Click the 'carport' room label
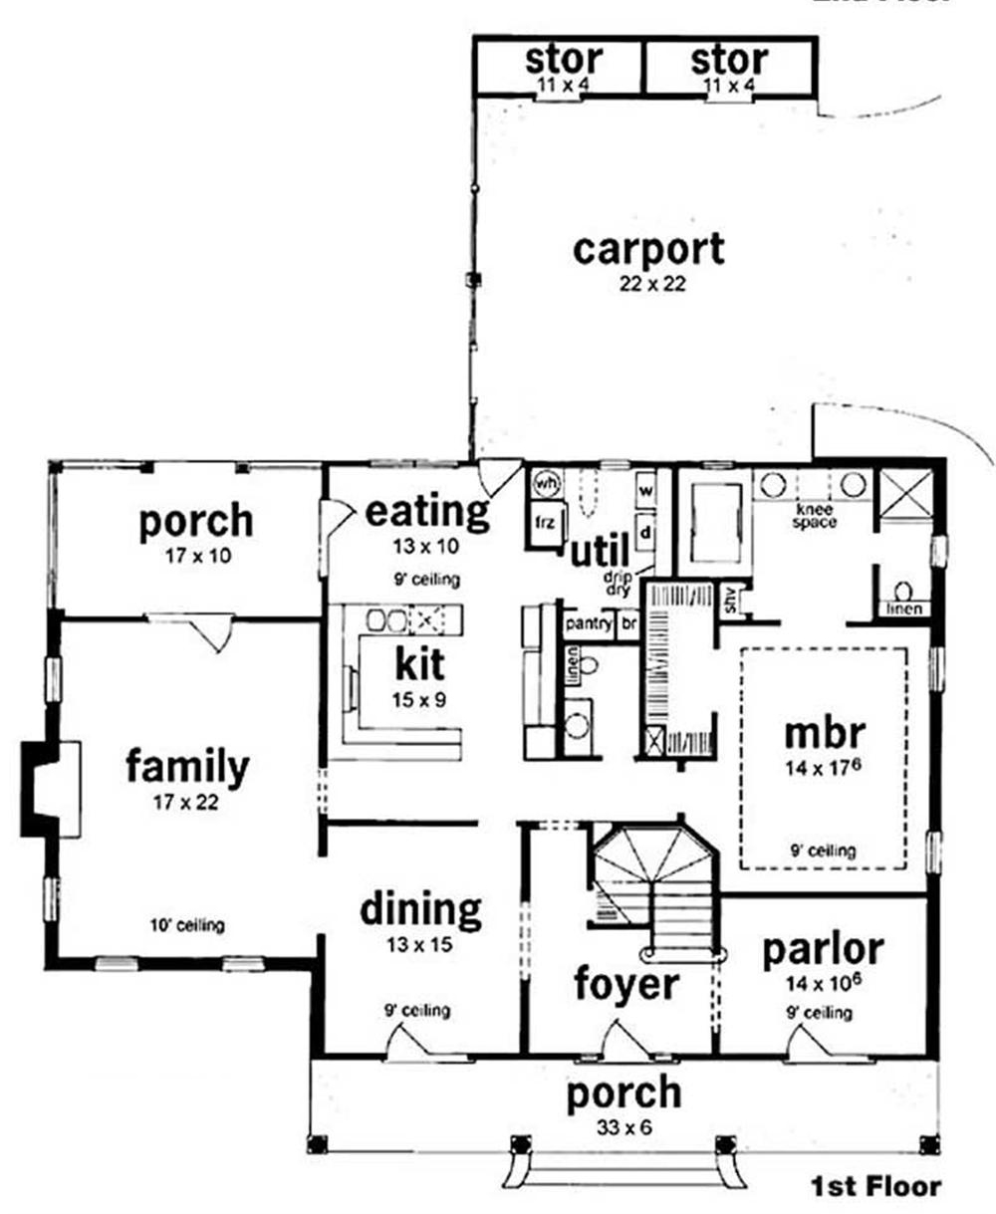click(x=647, y=250)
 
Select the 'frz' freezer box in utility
click(x=545, y=523)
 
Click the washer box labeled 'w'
click(x=644, y=490)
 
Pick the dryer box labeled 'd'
click(x=644, y=532)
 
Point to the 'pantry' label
click(x=588, y=624)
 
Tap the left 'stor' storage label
click(x=564, y=60)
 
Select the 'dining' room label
click(x=420, y=908)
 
